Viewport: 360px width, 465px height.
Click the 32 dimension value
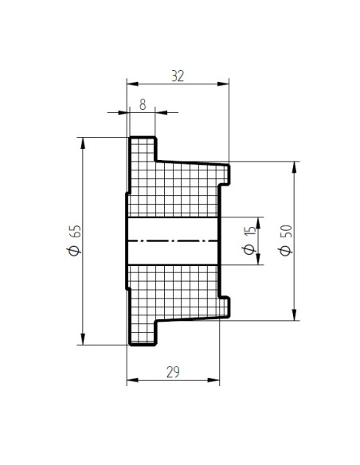[x=178, y=76]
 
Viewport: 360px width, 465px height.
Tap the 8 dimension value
[x=143, y=104]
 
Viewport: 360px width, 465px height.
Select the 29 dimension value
[x=173, y=372]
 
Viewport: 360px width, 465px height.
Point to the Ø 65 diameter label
[x=74, y=240]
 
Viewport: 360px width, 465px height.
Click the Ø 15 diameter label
[x=249, y=240]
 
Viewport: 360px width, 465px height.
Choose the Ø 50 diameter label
[x=286, y=240]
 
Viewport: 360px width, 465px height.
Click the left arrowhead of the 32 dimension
[x=132, y=84]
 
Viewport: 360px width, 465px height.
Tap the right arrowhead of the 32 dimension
[x=223, y=84]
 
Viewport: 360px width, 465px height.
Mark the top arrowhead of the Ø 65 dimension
[x=83, y=143]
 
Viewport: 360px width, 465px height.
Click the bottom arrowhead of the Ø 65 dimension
[x=83, y=339]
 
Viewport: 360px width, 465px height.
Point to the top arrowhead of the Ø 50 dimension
[x=294, y=167]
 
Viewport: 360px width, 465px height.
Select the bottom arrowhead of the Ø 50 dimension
[x=294, y=315]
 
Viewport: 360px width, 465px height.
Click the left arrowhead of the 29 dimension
[x=132, y=380]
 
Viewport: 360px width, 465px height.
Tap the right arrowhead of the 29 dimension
[x=213, y=380]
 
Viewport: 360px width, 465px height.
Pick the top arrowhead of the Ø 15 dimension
[x=258, y=223]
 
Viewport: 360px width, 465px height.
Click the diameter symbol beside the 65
[x=74, y=251]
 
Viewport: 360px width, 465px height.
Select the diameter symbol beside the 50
[x=286, y=251]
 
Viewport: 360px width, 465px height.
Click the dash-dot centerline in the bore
[x=173, y=240]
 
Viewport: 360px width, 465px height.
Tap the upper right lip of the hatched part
[x=224, y=174]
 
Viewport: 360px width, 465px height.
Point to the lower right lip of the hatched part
[x=224, y=307]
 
